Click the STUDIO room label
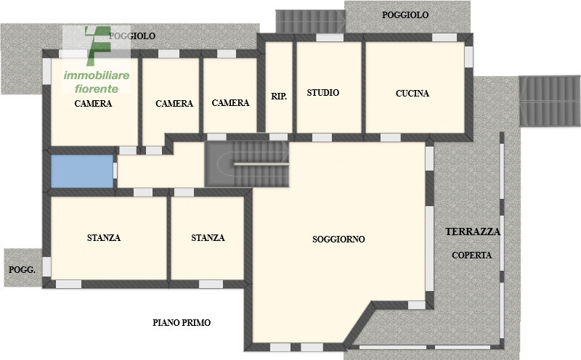pyautogui.click(x=323, y=93)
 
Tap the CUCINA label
pyautogui.click(x=413, y=94)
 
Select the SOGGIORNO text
pyautogui.click(x=338, y=239)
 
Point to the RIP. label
pyautogui.click(x=279, y=96)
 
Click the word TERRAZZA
pyautogui.click(x=473, y=232)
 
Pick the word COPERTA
pyautogui.click(x=471, y=255)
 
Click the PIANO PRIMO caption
pyautogui.click(x=182, y=322)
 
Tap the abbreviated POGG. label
pyautogui.click(x=22, y=269)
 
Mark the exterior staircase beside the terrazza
pyautogui.click(x=552, y=100)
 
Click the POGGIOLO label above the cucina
pyautogui.click(x=405, y=15)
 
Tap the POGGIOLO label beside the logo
pyautogui.click(x=131, y=36)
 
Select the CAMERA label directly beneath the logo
pyautogui.click(x=93, y=104)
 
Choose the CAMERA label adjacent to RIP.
pyautogui.click(x=230, y=103)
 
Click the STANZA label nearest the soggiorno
pyautogui.click(x=208, y=238)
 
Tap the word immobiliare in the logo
pyautogui.click(x=97, y=76)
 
